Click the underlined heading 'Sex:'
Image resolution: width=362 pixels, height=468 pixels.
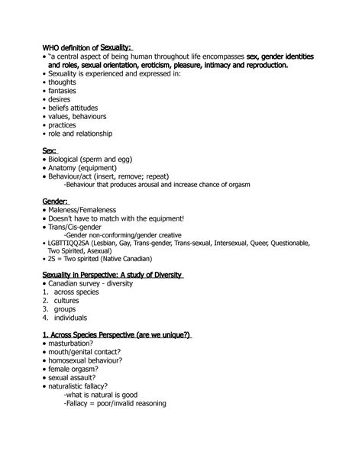click(50, 152)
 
